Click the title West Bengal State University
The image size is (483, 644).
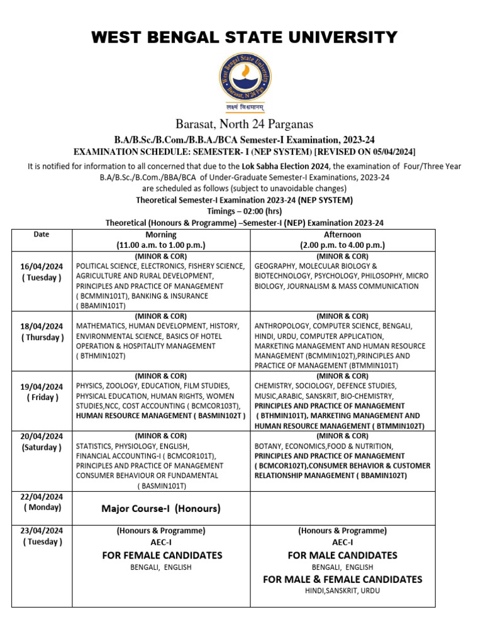pos(245,37)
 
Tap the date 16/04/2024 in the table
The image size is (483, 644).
pos(41,267)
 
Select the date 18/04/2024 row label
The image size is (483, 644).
pos(41,326)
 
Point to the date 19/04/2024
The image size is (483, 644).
pos(41,386)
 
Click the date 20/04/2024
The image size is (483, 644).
pos(41,436)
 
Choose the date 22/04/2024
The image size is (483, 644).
pos(41,496)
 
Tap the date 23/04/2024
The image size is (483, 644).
pos(41,531)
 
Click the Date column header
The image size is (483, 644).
pos(41,235)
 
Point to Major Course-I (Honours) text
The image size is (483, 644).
pos(161,508)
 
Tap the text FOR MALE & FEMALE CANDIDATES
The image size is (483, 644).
pos(342,579)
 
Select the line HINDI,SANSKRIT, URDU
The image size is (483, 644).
pos(342,591)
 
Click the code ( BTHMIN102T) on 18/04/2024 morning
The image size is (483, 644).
pos(101,356)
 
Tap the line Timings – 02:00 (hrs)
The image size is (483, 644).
pos(245,211)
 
